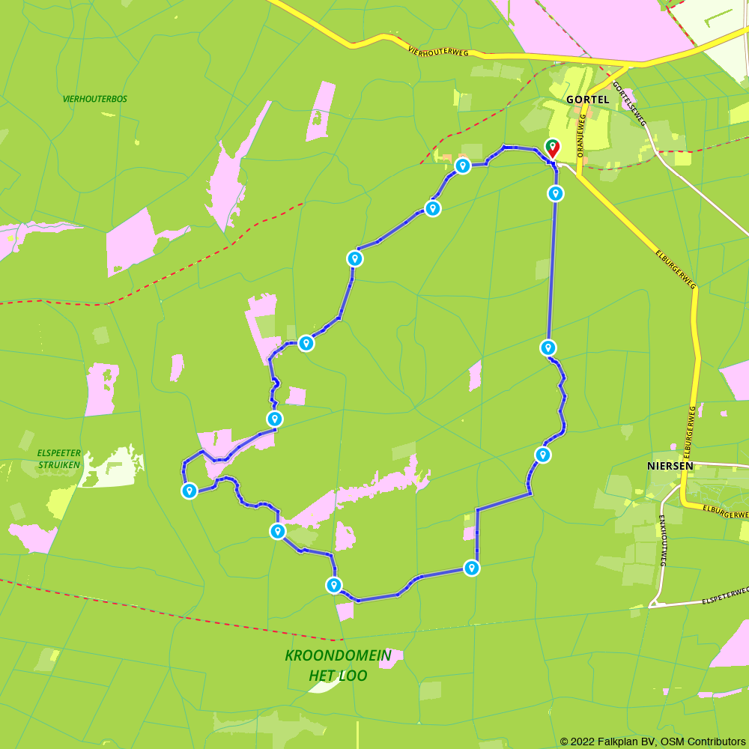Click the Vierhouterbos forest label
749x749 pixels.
point(95,99)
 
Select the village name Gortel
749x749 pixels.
point(588,99)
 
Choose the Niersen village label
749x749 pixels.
point(670,465)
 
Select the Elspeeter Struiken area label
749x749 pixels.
point(58,458)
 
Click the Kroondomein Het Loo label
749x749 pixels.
point(338,665)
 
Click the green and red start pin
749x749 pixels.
point(552,148)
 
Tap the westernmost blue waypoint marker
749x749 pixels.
point(189,491)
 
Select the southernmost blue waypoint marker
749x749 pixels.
point(334,585)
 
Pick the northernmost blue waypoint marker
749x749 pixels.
point(463,166)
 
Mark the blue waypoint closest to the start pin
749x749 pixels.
point(555,193)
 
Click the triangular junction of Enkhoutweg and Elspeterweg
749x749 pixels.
point(656,602)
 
